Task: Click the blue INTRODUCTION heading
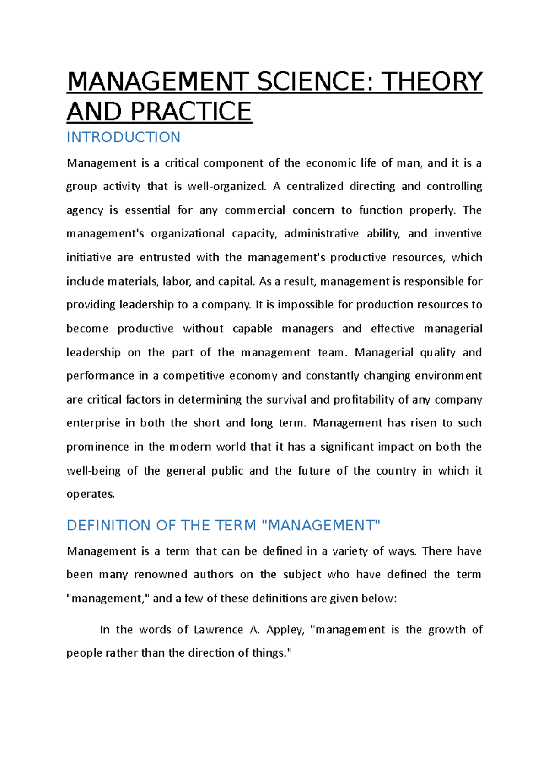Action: (124, 137)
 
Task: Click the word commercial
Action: (254, 210)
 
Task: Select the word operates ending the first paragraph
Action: (91, 494)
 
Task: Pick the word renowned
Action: (161, 575)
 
